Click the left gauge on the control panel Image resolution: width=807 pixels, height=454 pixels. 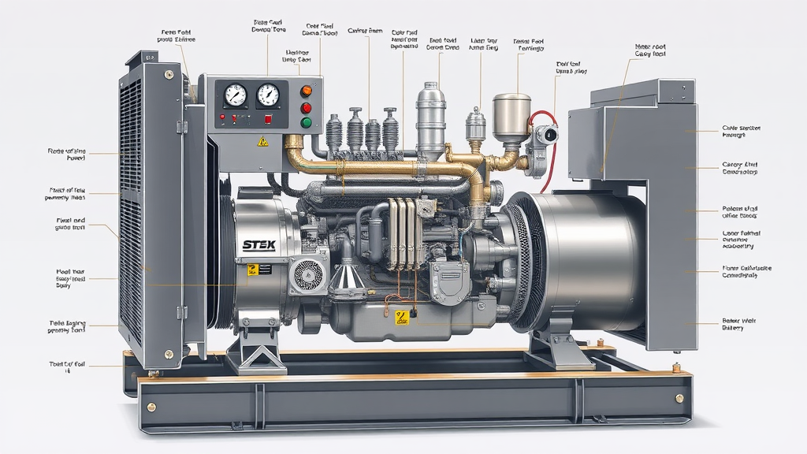click(236, 95)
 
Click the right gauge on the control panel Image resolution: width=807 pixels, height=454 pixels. click(269, 95)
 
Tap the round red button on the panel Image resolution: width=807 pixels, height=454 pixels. click(307, 108)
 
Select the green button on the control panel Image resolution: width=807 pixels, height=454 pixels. click(307, 123)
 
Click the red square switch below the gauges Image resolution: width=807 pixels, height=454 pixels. click(268, 119)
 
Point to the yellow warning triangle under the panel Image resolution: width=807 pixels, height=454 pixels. click(263, 141)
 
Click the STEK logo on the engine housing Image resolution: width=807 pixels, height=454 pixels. click(259, 244)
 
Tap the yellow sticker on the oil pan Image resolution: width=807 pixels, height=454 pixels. click(403, 318)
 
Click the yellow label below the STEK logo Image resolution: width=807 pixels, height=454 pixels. click(253, 270)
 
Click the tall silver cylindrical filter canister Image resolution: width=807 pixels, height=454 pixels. click(430, 118)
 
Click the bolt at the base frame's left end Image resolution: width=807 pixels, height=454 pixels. click(151, 407)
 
